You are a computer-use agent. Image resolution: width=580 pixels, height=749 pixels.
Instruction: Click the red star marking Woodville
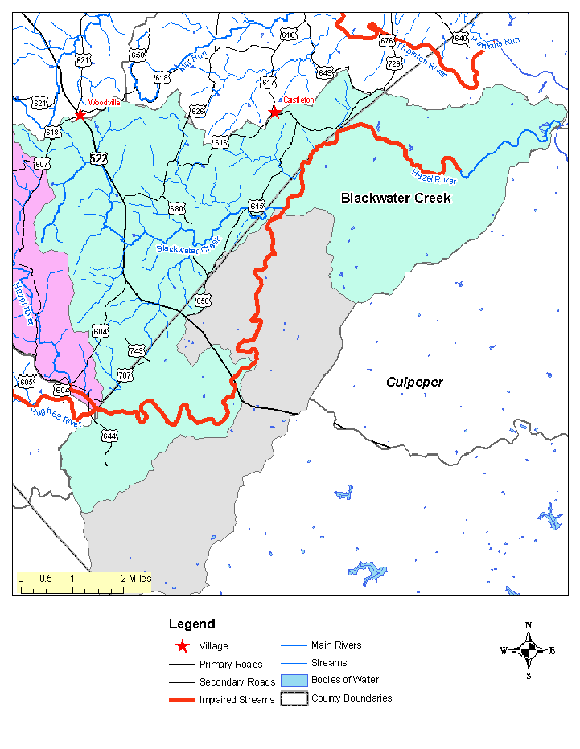[80, 115]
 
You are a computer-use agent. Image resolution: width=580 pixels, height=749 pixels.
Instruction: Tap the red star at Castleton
[274, 113]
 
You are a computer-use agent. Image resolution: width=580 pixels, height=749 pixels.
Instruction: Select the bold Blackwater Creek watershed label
[396, 198]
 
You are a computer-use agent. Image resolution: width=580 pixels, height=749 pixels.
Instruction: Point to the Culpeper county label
[414, 382]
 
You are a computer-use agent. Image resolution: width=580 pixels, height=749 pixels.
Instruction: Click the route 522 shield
[98, 158]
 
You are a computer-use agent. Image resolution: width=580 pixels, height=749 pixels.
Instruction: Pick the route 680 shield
[177, 208]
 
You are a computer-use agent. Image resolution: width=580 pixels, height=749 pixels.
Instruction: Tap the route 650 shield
[203, 301]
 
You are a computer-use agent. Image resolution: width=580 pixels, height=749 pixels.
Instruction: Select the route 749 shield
[136, 350]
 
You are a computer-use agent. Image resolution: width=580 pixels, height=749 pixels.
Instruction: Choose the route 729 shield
[393, 63]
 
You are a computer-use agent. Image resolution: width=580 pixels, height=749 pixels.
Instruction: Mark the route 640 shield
[460, 38]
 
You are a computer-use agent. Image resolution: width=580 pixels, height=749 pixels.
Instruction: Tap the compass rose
[528, 650]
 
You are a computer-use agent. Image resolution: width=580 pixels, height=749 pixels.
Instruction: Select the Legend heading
[191, 624]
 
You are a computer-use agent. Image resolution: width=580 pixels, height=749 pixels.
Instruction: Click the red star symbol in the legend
[183, 646]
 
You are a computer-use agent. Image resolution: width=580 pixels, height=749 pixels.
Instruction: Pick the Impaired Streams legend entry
[237, 700]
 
